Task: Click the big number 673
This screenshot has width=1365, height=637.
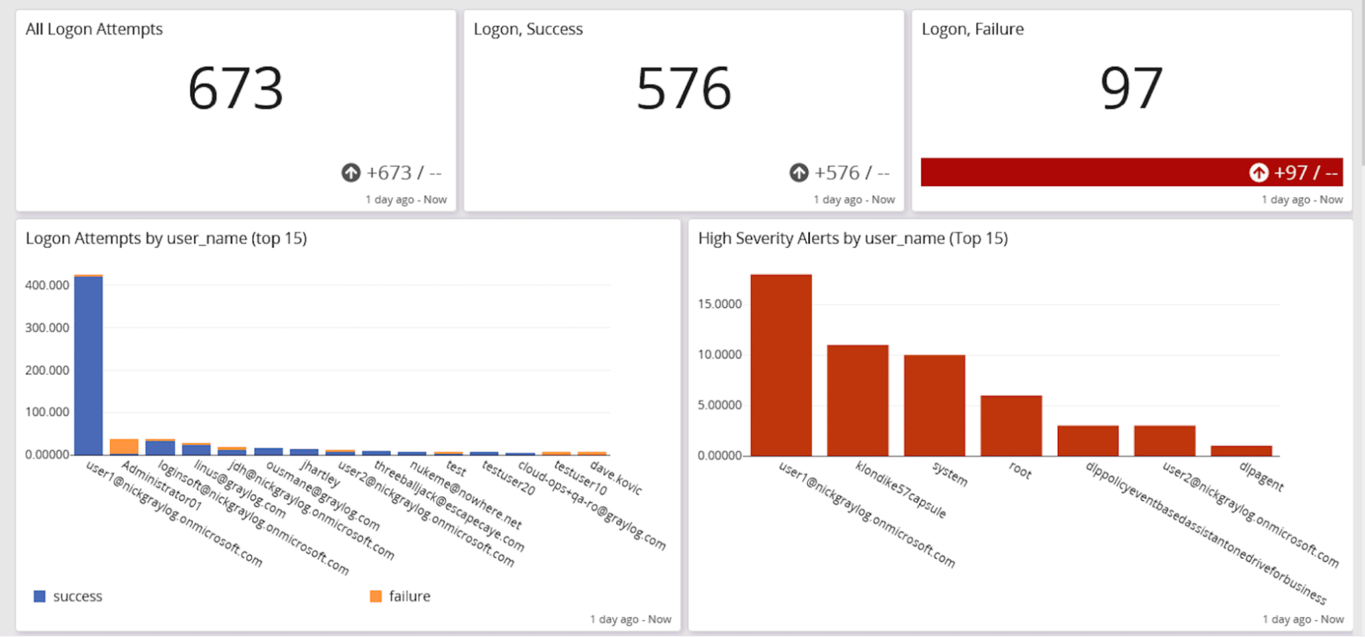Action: [236, 88]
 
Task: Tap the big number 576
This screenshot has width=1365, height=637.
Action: [684, 88]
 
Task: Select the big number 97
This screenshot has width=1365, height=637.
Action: [1131, 88]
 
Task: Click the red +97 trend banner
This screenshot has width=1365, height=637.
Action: [1131, 172]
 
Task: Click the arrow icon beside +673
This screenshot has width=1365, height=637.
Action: [351, 173]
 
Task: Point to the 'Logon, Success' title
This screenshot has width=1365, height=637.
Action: [528, 29]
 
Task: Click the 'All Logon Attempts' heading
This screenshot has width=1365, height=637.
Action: [94, 29]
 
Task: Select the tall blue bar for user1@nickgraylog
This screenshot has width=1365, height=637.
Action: [89, 366]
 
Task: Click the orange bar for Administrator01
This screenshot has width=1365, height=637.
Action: [124, 446]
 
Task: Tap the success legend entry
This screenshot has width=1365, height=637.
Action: [68, 596]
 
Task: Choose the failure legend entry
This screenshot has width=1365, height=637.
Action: [401, 596]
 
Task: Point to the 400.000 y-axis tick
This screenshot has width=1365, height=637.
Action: [47, 285]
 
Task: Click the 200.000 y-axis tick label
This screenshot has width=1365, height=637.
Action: [47, 370]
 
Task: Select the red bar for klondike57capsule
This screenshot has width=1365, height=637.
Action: [858, 400]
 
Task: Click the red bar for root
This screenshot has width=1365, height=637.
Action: [1011, 425]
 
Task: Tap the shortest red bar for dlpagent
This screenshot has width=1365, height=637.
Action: [1241, 450]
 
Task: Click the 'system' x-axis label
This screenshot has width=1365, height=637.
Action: [950, 474]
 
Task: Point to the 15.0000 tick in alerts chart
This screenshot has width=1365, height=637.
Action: [720, 304]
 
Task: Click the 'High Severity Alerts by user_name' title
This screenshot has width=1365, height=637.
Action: [853, 239]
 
